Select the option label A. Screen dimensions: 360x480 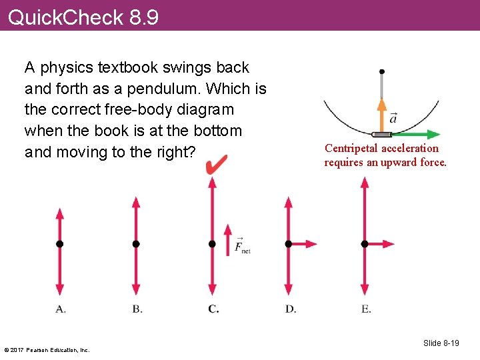(60, 309)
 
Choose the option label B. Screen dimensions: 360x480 (137, 309)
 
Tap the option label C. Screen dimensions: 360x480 (213, 309)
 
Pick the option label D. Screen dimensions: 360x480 (291, 309)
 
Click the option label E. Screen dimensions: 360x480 (366, 309)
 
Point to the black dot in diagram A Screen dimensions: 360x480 (59, 244)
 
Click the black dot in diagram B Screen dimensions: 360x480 (136, 244)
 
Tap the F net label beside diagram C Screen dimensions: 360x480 (242, 247)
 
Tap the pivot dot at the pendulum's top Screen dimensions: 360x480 (381, 71)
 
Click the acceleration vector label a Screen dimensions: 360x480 (393, 118)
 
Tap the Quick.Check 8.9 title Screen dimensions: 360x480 (83, 17)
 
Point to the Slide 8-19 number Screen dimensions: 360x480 (441, 343)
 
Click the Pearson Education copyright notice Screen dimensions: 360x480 (47, 349)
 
